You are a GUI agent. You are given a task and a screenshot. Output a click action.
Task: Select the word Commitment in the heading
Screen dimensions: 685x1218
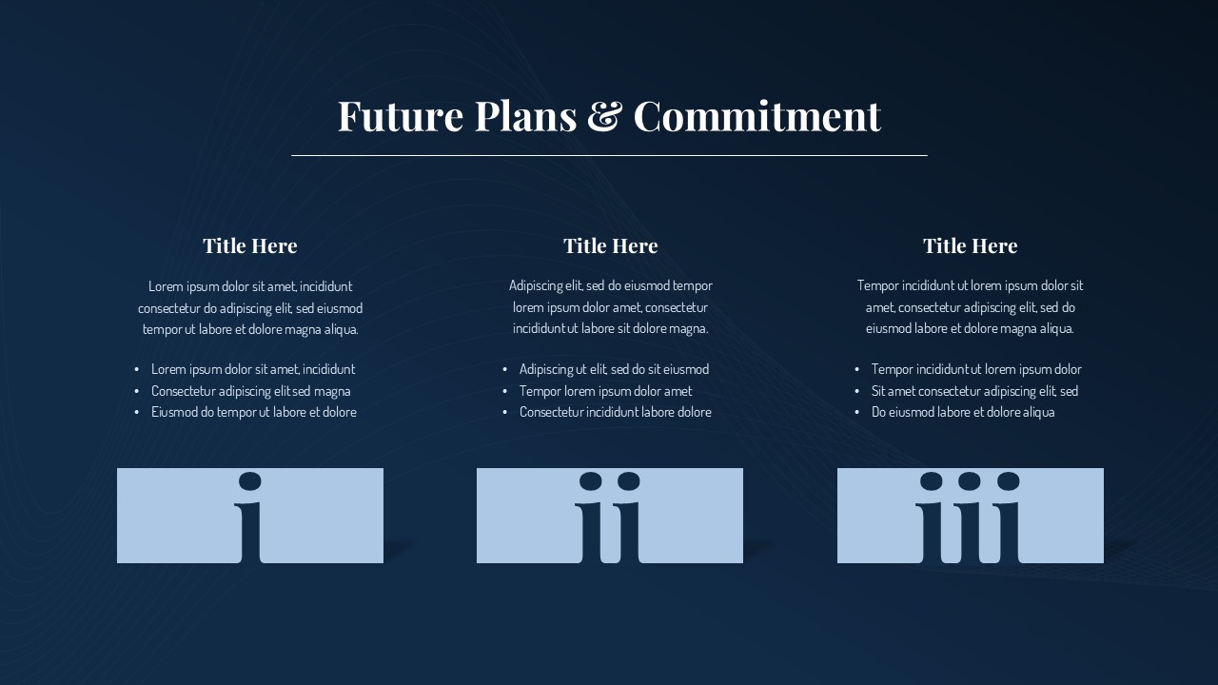756,116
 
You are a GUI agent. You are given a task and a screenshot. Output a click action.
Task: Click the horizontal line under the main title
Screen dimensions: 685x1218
609,155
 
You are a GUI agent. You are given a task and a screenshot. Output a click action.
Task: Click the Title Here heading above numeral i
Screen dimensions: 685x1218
249,245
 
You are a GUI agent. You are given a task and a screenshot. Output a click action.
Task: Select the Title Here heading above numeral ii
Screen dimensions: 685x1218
610,245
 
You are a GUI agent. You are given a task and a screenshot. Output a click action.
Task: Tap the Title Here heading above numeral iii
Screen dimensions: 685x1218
970,245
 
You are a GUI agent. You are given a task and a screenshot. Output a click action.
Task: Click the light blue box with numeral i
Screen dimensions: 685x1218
171,516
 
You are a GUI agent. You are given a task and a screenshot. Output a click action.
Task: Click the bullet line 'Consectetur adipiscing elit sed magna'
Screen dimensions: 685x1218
250,391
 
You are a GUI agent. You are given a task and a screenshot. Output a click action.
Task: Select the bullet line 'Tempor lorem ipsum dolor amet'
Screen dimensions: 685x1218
605,391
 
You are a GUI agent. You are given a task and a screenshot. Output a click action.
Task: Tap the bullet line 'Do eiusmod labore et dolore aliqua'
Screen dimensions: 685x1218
962,412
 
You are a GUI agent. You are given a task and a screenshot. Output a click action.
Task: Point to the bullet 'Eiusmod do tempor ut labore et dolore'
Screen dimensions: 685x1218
253,412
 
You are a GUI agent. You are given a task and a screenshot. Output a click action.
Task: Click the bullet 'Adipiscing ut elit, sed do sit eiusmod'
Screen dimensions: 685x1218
614,369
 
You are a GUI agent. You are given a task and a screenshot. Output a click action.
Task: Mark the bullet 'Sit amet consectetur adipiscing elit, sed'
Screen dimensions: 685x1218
974,391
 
